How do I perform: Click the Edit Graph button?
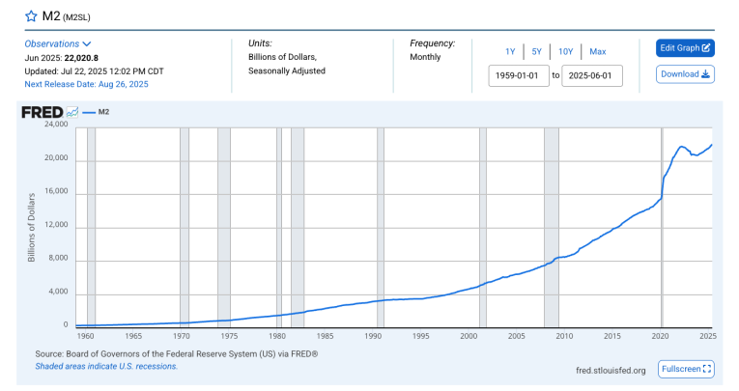point(685,47)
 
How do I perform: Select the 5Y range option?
point(537,51)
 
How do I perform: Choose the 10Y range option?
point(566,51)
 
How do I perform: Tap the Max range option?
point(597,51)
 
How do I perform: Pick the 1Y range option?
point(510,51)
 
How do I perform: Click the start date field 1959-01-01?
point(519,75)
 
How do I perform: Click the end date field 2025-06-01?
point(592,75)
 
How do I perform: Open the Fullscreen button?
point(686,369)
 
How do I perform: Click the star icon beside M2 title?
point(31,17)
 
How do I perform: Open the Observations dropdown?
point(58,43)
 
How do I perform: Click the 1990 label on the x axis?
point(371,336)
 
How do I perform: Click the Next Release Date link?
point(87,84)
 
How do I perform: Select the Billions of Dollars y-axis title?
point(31,225)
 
